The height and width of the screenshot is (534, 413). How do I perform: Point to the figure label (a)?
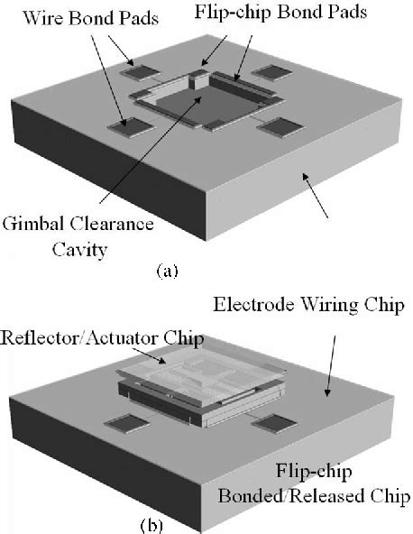(x=167, y=269)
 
